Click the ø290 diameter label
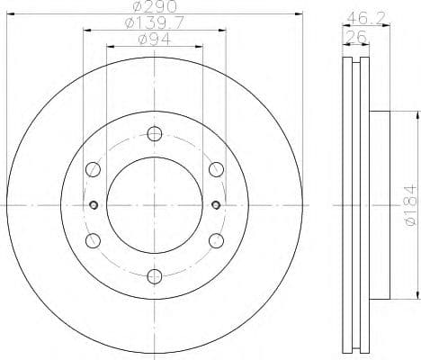[154, 7]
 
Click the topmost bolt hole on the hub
[154, 135]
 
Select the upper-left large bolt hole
[93, 170]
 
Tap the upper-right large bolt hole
[215, 170]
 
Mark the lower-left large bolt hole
[93, 240]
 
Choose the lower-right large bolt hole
[215, 240]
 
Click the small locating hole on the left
[93, 205]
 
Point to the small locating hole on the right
[215, 205]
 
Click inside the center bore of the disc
[154, 205]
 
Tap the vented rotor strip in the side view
[356, 205]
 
